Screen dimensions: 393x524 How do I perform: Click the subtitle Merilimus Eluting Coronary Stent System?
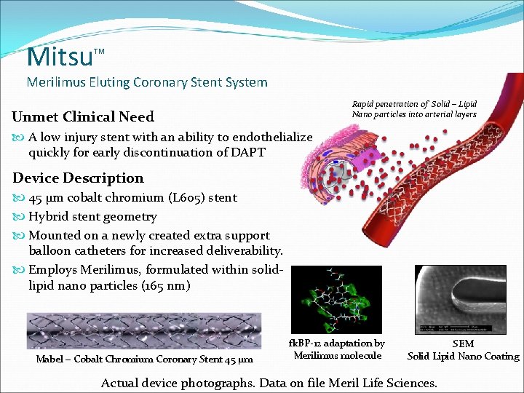tap(147, 82)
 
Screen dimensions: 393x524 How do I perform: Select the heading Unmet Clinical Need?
tap(83, 117)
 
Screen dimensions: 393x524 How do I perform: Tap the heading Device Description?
tap(78, 178)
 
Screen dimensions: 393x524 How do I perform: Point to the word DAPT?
tap(245, 152)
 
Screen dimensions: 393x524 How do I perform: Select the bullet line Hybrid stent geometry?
tap(92, 217)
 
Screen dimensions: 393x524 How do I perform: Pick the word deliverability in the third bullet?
tap(244, 251)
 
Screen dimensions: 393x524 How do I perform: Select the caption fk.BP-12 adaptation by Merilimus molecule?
tap(337, 349)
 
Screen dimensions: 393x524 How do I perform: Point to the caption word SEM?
tap(463, 344)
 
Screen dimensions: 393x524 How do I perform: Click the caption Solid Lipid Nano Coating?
tap(463, 357)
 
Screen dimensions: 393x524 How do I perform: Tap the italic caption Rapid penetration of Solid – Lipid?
tap(414, 104)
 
